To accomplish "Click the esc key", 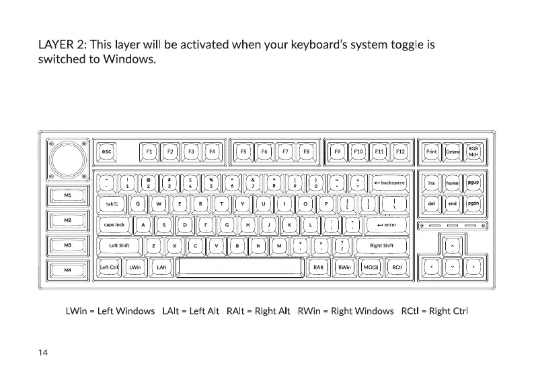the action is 106,152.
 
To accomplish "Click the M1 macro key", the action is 67,195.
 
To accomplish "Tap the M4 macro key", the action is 67,269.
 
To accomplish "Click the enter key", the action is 387,224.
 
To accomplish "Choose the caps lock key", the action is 114,224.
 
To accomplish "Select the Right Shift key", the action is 381,245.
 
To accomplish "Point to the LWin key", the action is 135,267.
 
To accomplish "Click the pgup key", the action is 473,183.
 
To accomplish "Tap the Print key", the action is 432,152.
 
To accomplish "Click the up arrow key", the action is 453,247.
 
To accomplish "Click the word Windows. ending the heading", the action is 129,60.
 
